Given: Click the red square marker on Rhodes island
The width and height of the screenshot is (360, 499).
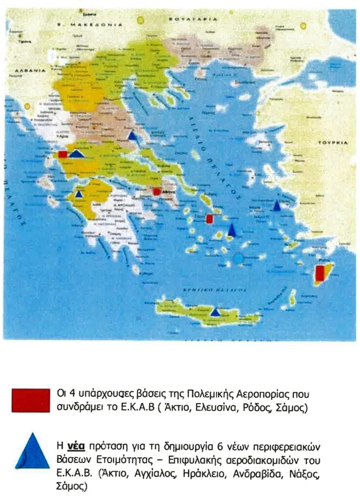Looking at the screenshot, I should tap(320, 273).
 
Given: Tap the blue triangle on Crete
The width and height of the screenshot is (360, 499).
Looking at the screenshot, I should tap(215, 312).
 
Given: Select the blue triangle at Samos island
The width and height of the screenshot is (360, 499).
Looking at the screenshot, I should tap(277, 206).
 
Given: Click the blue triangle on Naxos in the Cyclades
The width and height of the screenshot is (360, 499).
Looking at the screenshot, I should tap(232, 230).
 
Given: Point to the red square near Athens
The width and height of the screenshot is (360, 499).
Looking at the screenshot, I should tap(157, 192).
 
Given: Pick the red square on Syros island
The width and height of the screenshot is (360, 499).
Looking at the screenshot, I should tap(209, 219).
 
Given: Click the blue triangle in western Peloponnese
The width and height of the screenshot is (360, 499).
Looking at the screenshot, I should tap(78, 194).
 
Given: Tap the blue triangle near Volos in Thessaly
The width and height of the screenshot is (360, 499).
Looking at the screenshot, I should tap(132, 136).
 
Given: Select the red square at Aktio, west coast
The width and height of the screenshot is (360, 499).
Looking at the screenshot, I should tap(63, 154).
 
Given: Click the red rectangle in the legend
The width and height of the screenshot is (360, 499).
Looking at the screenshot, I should tap(31, 401).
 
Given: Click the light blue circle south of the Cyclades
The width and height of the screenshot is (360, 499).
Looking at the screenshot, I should tap(238, 258).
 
